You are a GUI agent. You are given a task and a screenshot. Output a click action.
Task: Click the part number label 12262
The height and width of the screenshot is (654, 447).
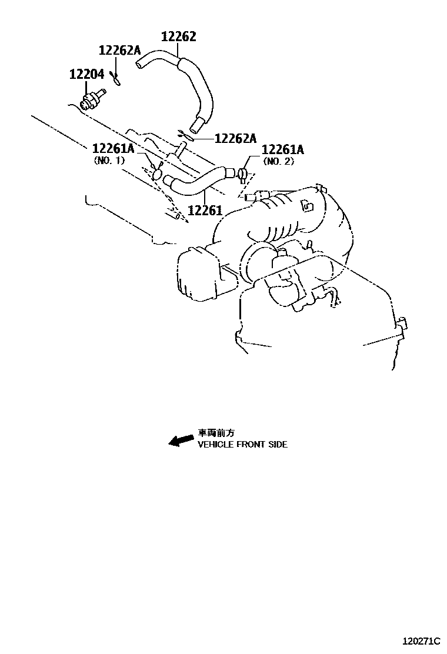click(179, 36)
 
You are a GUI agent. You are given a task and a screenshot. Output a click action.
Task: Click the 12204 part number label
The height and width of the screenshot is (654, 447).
click(86, 74)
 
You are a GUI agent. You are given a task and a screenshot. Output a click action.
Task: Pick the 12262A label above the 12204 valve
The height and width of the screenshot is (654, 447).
click(119, 50)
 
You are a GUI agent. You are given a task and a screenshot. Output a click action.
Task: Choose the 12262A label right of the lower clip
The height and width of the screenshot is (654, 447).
click(235, 138)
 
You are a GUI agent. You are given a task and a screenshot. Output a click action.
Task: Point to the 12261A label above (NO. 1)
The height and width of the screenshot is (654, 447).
click(112, 148)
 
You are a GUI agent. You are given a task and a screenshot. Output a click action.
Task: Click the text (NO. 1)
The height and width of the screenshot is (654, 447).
click(109, 160)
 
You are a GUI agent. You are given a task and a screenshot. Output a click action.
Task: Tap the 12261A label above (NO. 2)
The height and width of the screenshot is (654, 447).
click(282, 149)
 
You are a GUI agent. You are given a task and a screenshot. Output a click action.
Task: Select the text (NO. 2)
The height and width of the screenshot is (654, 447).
click(278, 161)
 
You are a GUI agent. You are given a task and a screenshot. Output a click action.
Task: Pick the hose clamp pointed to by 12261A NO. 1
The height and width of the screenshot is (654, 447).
click(156, 173)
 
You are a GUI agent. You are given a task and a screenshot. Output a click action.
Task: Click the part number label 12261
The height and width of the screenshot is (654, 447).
click(205, 209)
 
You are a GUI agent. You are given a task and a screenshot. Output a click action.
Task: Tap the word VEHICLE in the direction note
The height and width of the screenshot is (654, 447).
click(216, 445)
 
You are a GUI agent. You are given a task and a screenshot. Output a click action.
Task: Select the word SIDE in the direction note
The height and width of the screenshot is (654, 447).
click(277, 445)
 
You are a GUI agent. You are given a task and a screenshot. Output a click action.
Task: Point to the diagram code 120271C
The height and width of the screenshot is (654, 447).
click(421, 640)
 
